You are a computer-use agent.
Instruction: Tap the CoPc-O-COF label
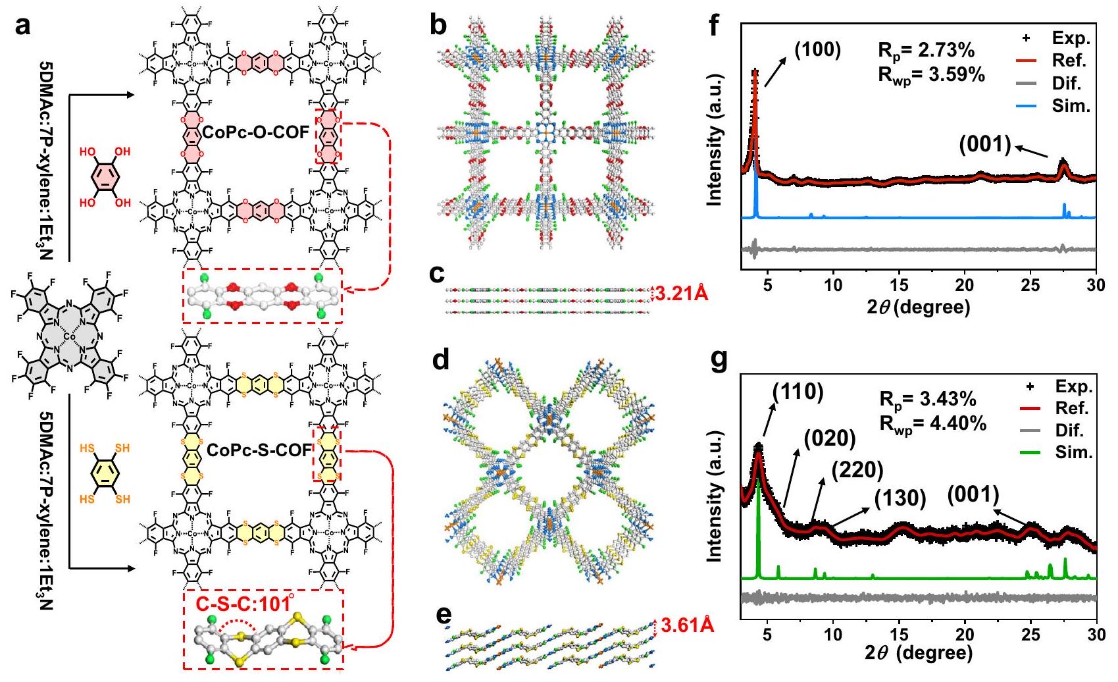(x=256, y=132)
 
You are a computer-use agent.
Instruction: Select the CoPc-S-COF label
(x=259, y=450)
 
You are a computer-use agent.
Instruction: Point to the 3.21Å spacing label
(x=682, y=294)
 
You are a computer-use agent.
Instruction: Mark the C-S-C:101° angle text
(x=244, y=603)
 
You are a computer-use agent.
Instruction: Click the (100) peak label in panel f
(x=818, y=50)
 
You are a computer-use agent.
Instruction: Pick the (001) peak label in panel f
(x=984, y=145)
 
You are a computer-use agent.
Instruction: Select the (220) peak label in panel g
(x=857, y=470)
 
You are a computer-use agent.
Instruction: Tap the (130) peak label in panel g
(x=900, y=498)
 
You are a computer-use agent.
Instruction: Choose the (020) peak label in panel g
(x=828, y=438)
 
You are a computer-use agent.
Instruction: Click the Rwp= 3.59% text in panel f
(x=931, y=74)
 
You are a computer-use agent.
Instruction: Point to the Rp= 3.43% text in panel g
(x=928, y=400)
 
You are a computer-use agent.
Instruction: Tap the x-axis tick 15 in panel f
(x=899, y=285)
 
